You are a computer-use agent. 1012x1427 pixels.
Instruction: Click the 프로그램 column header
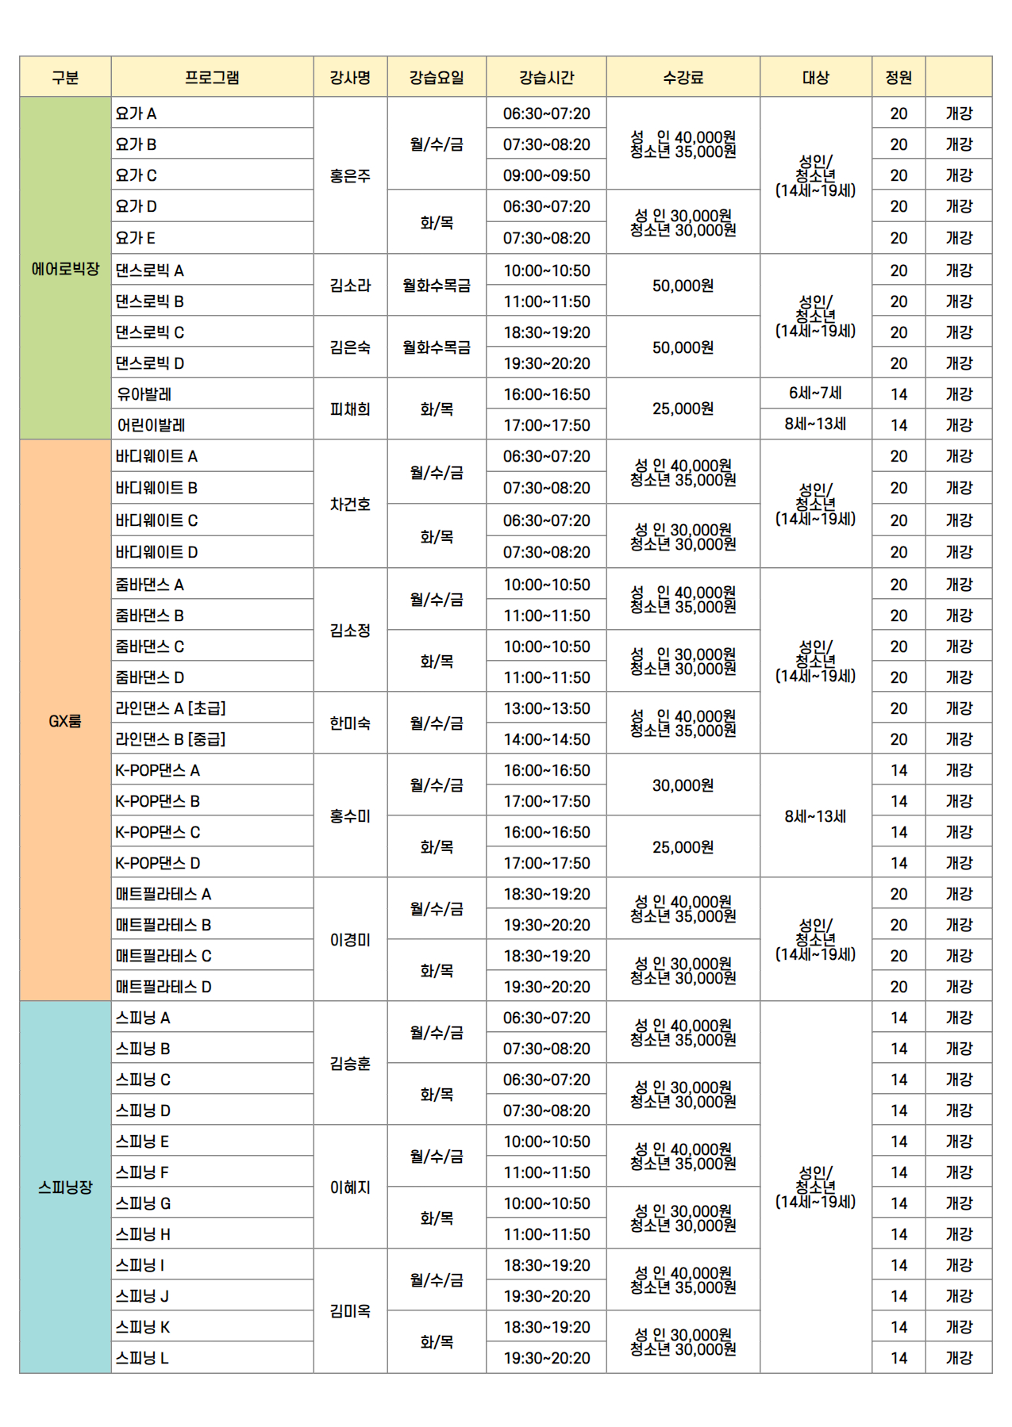point(212,78)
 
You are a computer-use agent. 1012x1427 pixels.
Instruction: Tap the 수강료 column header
point(683,78)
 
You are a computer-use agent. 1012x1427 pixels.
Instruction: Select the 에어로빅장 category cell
point(65,269)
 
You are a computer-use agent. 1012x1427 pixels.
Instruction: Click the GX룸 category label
point(65,721)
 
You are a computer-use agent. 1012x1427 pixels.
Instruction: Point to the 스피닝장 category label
point(65,1187)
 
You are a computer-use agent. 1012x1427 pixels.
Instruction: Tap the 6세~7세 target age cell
point(815,393)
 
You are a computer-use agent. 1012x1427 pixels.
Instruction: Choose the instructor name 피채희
point(350,409)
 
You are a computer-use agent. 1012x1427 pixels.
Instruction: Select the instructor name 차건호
point(350,504)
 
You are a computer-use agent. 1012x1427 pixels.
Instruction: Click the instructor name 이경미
point(350,940)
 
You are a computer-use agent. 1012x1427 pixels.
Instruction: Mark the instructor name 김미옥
point(350,1311)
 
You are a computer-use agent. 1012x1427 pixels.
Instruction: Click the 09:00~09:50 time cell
point(546,175)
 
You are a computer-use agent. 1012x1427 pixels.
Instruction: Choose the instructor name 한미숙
point(350,723)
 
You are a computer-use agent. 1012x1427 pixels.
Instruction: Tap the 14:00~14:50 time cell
point(546,739)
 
